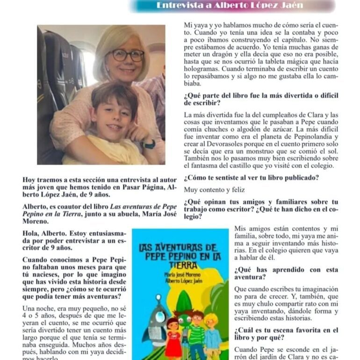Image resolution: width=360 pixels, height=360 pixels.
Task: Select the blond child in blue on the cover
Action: (x=213, y=334)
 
